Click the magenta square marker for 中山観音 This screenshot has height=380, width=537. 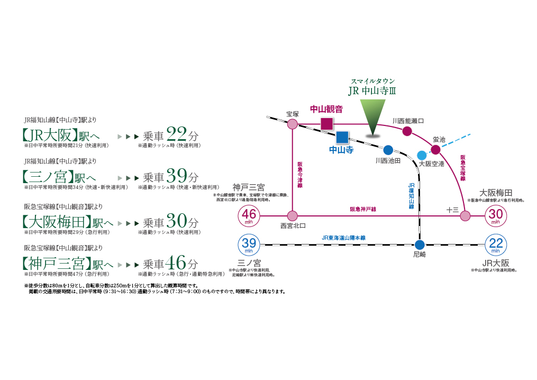click(327, 124)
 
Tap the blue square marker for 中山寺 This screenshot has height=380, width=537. click(342, 137)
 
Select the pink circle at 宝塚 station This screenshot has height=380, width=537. click(293, 124)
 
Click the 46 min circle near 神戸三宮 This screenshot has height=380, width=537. click(250, 216)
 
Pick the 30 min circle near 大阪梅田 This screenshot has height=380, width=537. click(496, 216)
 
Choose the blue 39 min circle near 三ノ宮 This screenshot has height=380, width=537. click(250, 245)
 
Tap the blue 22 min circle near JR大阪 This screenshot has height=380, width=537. click(496, 245)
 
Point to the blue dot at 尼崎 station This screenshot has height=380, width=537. click(420, 245)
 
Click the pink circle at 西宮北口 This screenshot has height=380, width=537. click(293, 216)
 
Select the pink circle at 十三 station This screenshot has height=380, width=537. click(465, 216)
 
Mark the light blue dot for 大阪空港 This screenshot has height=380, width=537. click(421, 155)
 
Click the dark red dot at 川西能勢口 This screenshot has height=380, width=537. click(407, 131)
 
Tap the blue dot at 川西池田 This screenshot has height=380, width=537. click(388, 150)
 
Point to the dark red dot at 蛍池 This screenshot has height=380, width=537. click(435, 150)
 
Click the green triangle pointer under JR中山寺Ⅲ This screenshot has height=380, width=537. click(373, 116)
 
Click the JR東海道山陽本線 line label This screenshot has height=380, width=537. click(343, 238)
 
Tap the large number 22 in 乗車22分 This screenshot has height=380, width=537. click(176, 133)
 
